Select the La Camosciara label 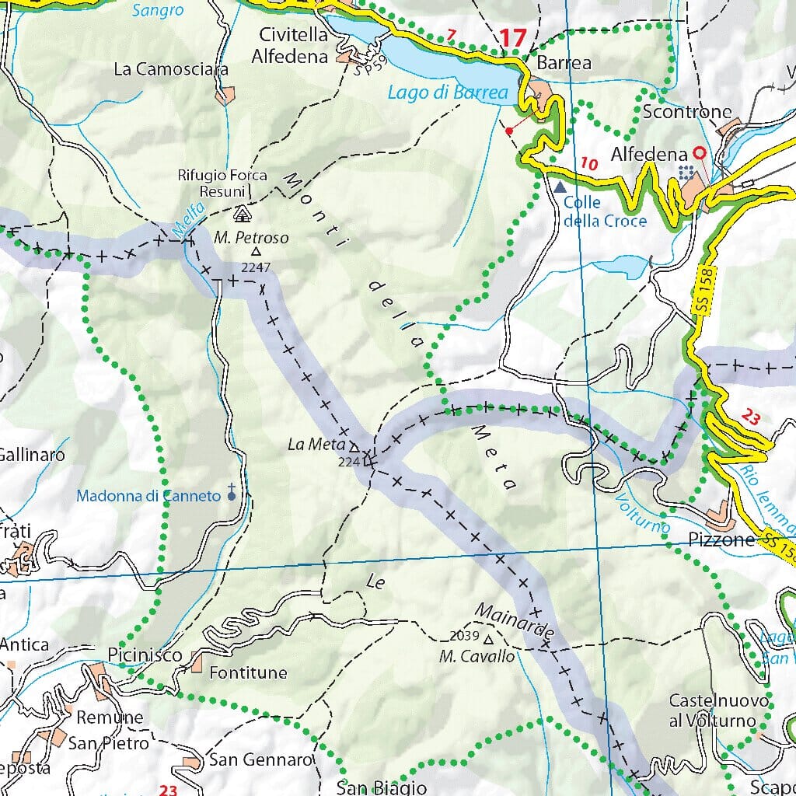pos(171,69)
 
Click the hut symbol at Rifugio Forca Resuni pos(241,213)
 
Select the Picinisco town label pos(145,655)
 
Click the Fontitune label pos(248,672)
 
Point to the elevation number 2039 pos(464,636)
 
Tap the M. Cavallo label pos(477,656)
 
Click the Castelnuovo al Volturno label pos(719,710)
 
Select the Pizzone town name pos(722,539)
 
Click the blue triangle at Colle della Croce pos(560,187)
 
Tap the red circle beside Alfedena pos(699,153)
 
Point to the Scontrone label pos(687,112)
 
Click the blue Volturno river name pos(644,511)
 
